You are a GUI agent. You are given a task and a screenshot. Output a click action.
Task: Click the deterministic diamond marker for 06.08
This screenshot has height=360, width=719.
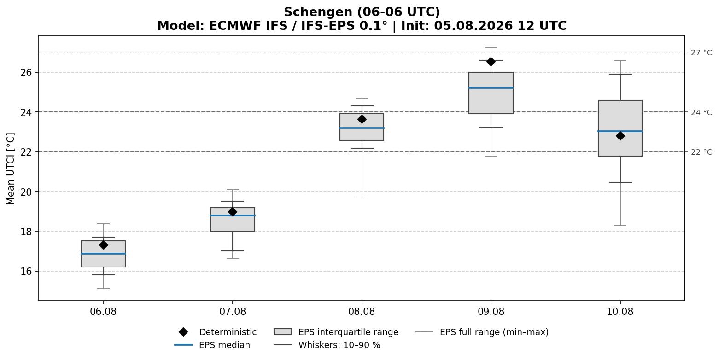103,245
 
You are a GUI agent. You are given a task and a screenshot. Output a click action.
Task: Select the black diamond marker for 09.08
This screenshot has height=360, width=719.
491,62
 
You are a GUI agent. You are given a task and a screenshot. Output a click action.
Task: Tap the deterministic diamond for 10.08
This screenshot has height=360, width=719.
620,136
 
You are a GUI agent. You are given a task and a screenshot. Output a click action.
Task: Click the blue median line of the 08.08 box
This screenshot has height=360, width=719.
362,128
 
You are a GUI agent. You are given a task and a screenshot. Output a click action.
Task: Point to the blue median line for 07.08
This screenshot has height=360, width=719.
233,215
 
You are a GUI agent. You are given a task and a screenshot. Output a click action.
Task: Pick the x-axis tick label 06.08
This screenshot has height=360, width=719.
103,312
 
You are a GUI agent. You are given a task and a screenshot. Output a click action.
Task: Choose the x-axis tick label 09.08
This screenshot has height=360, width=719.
491,312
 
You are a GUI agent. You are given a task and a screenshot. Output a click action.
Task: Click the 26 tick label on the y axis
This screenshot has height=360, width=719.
27,73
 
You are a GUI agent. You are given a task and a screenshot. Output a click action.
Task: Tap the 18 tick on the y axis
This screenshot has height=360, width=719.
27,232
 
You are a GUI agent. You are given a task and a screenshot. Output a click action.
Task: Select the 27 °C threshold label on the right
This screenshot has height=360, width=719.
701,52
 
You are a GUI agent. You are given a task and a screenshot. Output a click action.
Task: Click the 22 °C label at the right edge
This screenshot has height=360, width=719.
701,152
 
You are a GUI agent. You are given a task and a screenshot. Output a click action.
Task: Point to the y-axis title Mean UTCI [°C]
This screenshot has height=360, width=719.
10,169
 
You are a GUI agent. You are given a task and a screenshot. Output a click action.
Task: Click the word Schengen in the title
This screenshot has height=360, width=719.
318,12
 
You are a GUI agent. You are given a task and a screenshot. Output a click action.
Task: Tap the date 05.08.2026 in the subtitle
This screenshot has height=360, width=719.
473,26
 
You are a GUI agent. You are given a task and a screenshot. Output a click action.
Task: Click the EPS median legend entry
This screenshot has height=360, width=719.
212,345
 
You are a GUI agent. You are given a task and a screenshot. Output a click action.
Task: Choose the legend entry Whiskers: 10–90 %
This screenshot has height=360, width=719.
327,345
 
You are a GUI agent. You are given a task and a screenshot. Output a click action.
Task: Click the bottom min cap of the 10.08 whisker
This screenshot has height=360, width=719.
620,226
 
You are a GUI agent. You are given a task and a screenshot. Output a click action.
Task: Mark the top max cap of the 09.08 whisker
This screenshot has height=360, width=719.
491,47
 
